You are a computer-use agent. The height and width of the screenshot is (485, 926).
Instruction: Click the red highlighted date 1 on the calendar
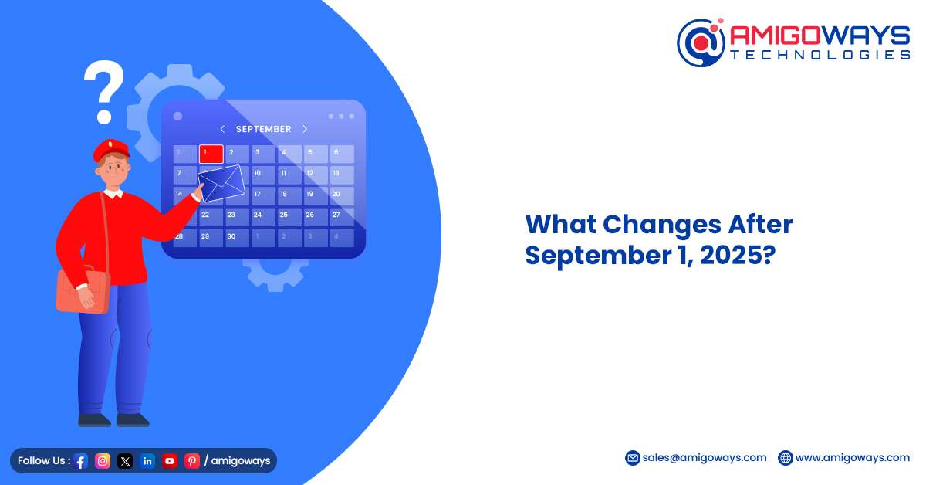point(211,154)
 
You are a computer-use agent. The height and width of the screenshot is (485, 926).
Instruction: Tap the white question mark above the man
point(103,91)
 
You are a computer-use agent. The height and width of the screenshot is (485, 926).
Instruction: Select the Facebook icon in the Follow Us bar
point(80,461)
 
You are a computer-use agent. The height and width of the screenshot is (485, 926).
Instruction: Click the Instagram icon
point(103,461)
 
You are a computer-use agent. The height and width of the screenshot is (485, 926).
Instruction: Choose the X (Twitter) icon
point(125,461)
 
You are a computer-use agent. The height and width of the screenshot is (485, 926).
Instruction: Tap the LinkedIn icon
point(147,461)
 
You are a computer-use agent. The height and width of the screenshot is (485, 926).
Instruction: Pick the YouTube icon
point(170,461)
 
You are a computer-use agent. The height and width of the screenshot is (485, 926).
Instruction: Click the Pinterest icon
point(192,461)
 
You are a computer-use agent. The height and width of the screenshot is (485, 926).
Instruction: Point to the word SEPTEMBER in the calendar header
point(263,129)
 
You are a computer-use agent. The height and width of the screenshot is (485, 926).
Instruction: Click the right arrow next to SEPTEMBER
point(305,129)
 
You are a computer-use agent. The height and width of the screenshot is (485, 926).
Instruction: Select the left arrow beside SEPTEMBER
point(222,129)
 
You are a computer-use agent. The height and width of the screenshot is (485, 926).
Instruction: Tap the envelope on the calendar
point(221,183)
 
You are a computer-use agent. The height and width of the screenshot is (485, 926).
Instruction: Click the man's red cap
point(111,150)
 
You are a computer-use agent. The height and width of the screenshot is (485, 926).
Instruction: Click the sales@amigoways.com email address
point(705,458)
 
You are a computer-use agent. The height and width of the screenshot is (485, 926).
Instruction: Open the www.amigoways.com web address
point(853,458)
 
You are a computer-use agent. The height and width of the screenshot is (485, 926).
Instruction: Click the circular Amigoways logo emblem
point(701,42)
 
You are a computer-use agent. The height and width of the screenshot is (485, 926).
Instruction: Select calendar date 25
point(284,215)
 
